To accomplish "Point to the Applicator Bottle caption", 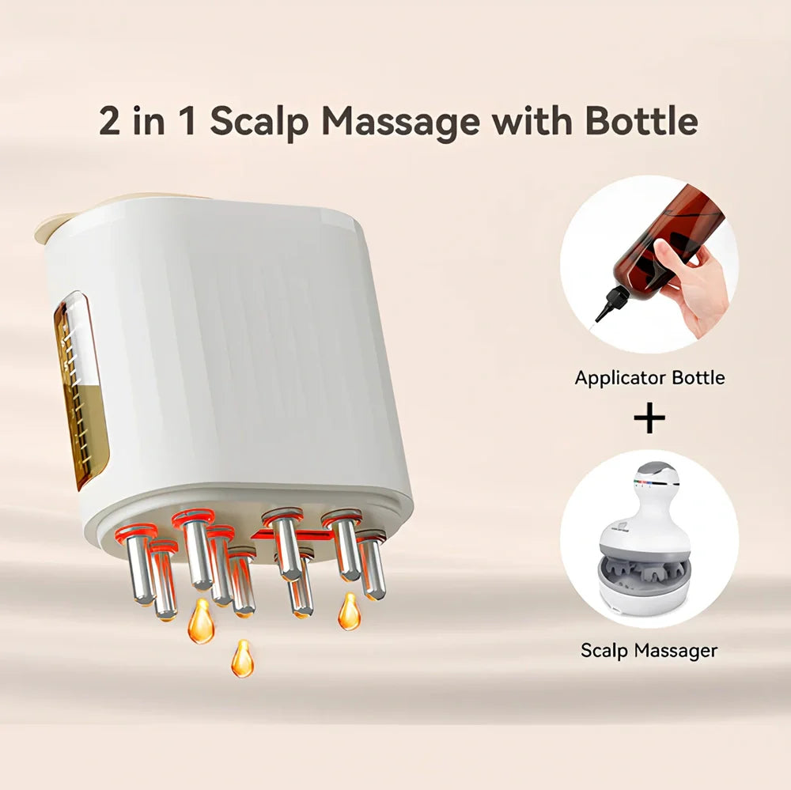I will click(649, 377).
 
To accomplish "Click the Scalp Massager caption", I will click(649, 650).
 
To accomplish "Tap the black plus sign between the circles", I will click(649, 418).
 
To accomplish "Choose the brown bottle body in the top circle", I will click(672, 229).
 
